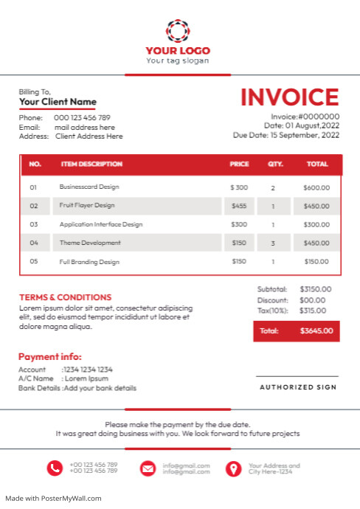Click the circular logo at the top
click(178, 31)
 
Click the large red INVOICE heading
click(289, 97)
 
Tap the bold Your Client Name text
click(58, 102)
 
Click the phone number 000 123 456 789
click(82, 118)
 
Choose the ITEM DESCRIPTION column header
click(91, 164)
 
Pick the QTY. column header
click(275, 164)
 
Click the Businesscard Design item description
click(89, 187)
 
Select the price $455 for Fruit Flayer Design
click(239, 206)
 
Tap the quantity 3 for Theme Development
click(273, 243)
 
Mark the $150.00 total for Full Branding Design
click(316, 261)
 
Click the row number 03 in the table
click(33, 224)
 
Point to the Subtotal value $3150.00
click(316, 289)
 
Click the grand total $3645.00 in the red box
click(316, 331)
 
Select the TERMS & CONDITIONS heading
click(66, 297)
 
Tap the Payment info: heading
click(50, 356)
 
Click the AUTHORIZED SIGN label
click(297, 387)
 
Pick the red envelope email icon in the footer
click(148, 468)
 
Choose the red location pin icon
click(233, 468)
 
